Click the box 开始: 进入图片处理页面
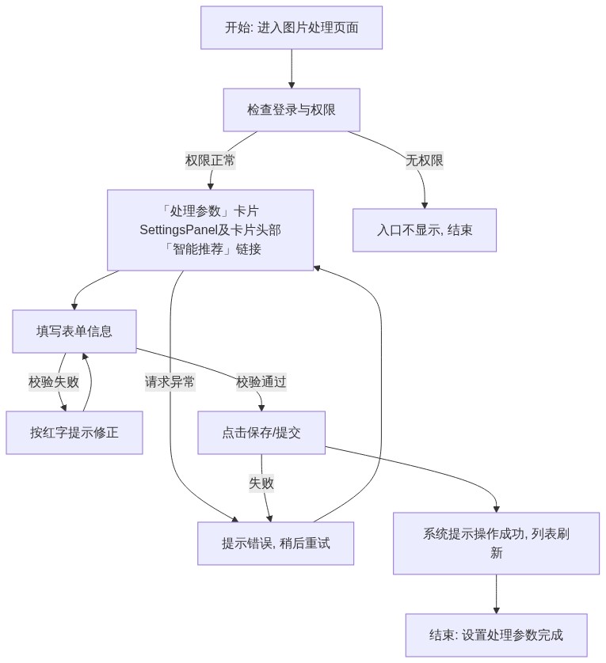point(292,28)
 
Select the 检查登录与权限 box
point(292,110)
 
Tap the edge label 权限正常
point(210,161)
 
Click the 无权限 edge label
point(425,161)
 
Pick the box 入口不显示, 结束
point(425,230)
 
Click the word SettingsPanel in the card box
point(178,230)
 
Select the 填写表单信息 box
point(74,331)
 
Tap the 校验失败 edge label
point(54,382)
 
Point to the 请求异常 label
point(170,382)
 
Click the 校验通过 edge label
point(261,382)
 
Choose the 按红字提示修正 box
point(74,433)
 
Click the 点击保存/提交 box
point(261,433)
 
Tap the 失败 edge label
point(261,483)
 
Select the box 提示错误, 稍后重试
point(275,544)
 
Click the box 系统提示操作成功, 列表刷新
point(497,544)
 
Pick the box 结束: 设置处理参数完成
point(497,635)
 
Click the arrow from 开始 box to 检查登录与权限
point(292,69)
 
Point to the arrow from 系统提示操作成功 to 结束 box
point(497,594)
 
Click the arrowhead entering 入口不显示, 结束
point(425,206)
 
